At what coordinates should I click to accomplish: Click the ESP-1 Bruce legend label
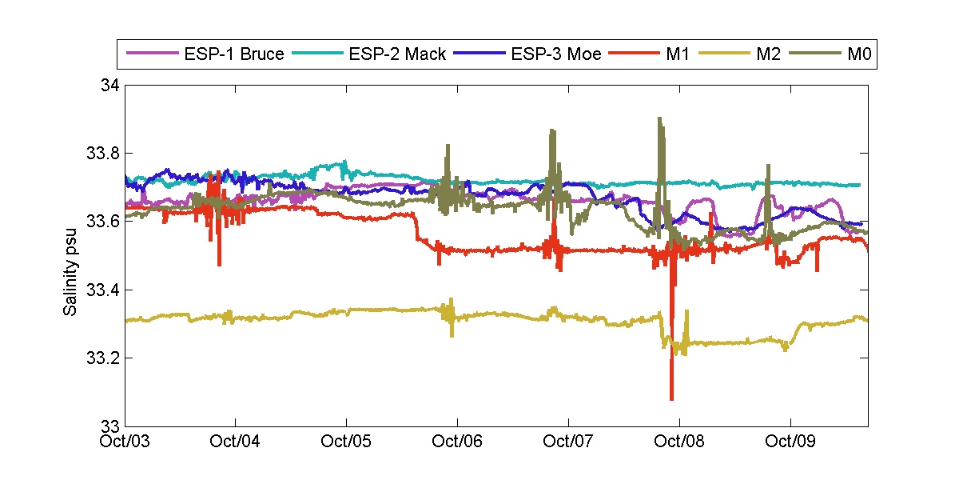(234, 55)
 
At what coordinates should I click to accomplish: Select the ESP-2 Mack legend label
(397, 55)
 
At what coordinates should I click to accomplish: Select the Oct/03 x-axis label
(128, 441)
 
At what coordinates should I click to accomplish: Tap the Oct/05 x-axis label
(346, 441)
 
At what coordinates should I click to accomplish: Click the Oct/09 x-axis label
(790, 441)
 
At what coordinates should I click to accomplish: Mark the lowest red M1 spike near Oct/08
(671, 398)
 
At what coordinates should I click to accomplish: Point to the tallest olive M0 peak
(659, 118)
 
